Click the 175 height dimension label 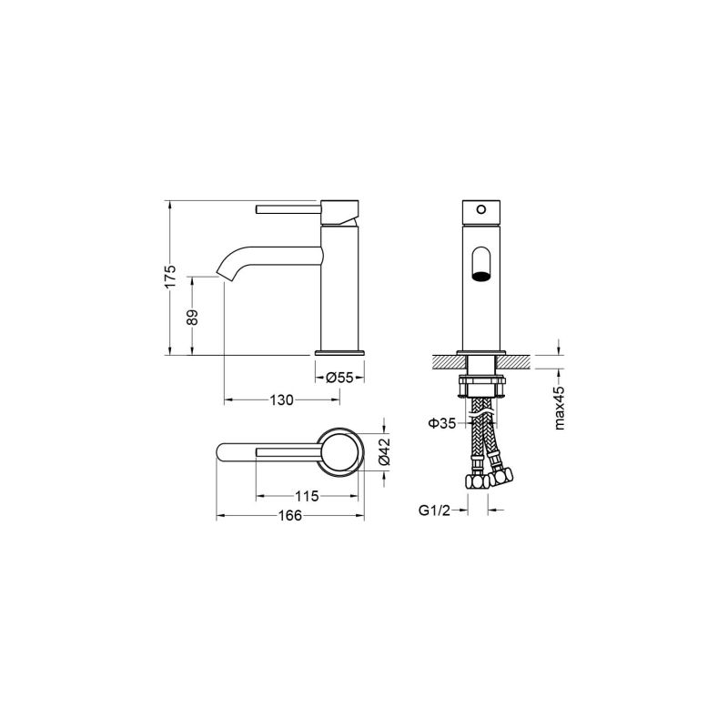171,277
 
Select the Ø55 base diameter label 339,378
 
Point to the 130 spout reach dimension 282,399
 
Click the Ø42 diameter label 384,451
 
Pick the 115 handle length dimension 307,496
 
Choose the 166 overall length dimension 289,515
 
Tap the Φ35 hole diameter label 441,423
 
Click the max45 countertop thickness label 559,408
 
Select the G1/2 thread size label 435,511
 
